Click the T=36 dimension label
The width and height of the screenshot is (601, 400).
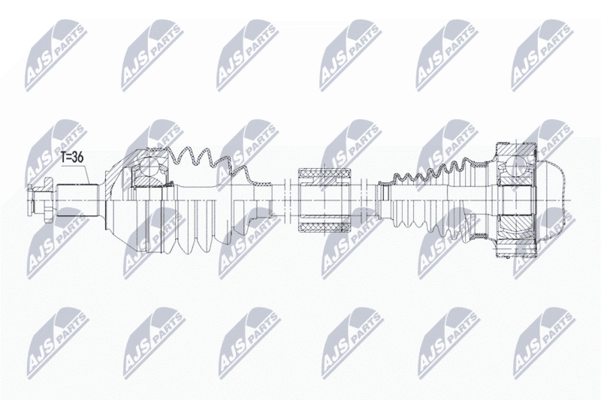[x=72, y=158]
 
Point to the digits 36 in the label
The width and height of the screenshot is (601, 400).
[x=78, y=158]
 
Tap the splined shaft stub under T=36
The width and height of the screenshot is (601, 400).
[x=78, y=200]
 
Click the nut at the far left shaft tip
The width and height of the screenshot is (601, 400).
[x=40, y=200]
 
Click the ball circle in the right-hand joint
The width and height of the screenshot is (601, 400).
[x=515, y=164]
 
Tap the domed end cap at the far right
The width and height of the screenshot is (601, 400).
[x=551, y=200]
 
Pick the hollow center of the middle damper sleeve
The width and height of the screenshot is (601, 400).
[x=325, y=200]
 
